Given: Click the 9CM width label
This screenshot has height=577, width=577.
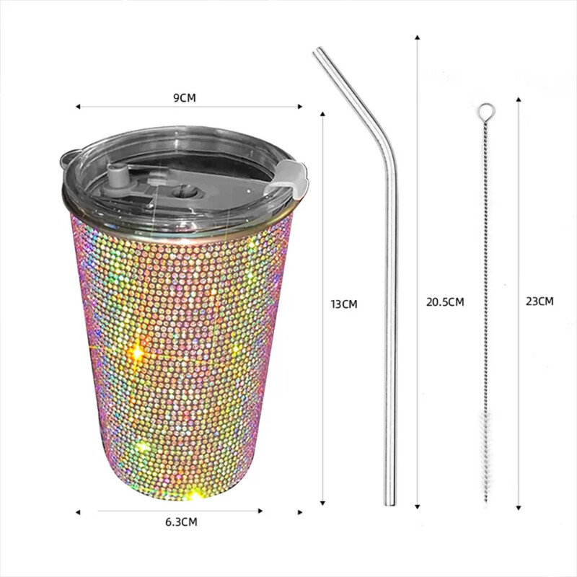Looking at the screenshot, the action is click(x=185, y=98).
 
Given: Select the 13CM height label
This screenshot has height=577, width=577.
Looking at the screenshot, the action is click(x=344, y=304).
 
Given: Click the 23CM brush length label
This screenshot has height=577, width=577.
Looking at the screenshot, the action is click(x=540, y=301).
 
